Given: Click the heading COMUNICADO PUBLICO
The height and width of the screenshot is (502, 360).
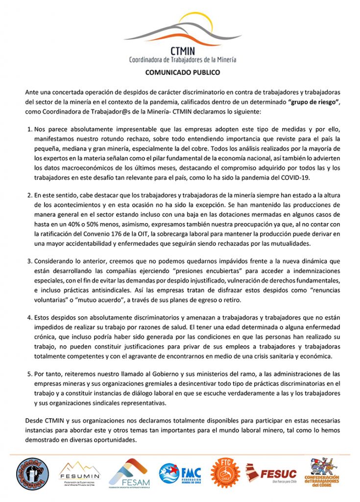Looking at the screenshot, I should [183, 73].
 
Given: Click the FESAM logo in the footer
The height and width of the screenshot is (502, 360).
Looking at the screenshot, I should [128, 474].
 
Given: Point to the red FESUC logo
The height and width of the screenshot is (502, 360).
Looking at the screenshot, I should [270, 474].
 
